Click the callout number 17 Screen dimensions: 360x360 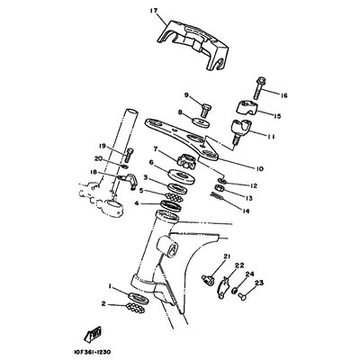[x=153, y=12]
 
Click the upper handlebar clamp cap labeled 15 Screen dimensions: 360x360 [x=247, y=108]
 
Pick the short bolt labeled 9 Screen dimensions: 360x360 [x=206, y=110]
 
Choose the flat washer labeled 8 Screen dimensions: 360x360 [x=201, y=122]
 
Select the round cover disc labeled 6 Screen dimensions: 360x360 [x=182, y=176]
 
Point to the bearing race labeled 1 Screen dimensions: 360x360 [x=139, y=297]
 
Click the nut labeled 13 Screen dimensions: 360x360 [x=220, y=189]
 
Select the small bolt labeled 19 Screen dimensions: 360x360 [x=130, y=155]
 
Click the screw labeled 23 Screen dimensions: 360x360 [x=241, y=297]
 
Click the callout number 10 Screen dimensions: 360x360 [x=259, y=169]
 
